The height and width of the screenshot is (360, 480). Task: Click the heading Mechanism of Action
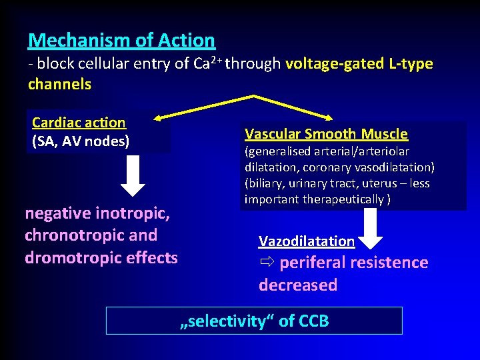(x=121, y=41)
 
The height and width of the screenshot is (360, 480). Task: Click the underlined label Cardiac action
(x=79, y=123)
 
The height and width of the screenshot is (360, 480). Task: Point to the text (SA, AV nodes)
(x=80, y=141)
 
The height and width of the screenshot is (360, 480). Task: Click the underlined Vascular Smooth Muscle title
(x=326, y=133)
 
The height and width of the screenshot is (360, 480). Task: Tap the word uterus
(x=382, y=183)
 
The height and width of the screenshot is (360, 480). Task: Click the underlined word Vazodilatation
(x=307, y=241)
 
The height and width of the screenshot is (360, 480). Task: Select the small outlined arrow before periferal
(x=266, y=262)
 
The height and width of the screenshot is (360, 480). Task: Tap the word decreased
(x=298, y=285)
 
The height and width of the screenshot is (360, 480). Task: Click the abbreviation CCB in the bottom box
(x=313, y=321)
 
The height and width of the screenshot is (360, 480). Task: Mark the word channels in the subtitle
(x=59, y=85)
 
